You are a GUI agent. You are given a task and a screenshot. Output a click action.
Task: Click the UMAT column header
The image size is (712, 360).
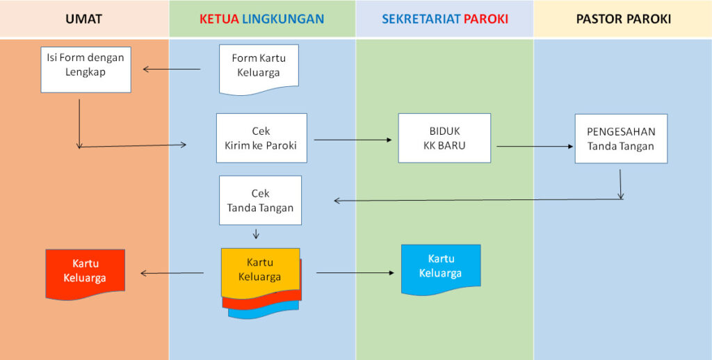point(83,19)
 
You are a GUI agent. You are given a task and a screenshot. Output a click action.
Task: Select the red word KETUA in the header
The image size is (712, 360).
point(219,19)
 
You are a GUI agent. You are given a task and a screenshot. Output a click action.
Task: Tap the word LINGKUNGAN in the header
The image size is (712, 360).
point(283,19)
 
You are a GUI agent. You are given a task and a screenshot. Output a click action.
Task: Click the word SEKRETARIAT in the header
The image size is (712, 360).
point(421,19)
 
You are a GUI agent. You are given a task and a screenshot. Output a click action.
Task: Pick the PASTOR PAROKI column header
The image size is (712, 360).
point(624,19)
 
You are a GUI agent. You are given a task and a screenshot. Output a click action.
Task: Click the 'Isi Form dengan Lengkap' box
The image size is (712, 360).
point(86,70)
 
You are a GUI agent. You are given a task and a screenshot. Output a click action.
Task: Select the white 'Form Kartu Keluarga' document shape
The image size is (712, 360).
point(259,69)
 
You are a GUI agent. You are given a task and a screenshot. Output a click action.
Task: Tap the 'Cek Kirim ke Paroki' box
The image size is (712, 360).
point(261,138)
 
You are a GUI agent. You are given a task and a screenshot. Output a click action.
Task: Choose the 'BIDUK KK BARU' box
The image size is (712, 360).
point(444,138)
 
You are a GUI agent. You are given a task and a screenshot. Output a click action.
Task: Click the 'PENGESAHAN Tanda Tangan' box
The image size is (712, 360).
point(621,138)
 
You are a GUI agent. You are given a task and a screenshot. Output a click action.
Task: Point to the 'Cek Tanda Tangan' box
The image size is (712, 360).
point(260,200)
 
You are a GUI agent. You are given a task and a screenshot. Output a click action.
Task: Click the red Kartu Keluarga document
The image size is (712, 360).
point(86,274)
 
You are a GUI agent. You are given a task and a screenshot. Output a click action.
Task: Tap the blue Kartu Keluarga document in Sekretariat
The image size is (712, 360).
point(441,270)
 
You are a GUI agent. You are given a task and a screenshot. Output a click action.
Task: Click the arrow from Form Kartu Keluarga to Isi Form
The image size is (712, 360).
point(172,69)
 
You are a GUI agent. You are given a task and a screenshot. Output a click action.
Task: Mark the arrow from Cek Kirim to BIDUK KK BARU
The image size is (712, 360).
point(353,140)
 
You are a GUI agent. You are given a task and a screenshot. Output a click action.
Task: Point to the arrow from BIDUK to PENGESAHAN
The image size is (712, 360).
point(535,147)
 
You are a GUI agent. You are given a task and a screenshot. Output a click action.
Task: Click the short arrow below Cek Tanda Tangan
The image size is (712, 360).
point(256,234)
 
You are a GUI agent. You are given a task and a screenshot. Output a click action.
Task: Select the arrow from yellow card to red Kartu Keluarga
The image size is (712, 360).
point(172,273)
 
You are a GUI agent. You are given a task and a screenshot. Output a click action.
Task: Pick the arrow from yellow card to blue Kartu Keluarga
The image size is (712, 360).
point(355,273)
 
